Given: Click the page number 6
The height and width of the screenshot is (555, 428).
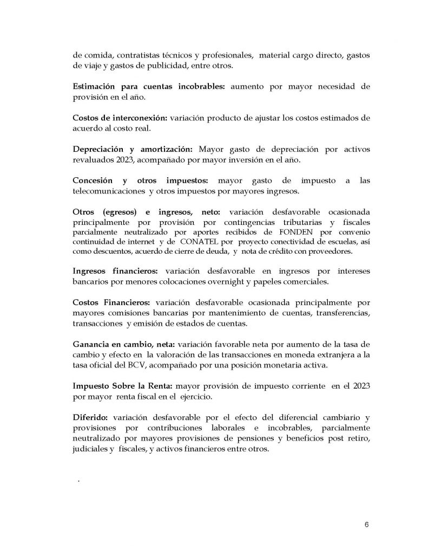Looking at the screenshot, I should [367, 525].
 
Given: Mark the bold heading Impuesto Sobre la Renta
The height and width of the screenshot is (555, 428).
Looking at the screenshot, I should [123, 386].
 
